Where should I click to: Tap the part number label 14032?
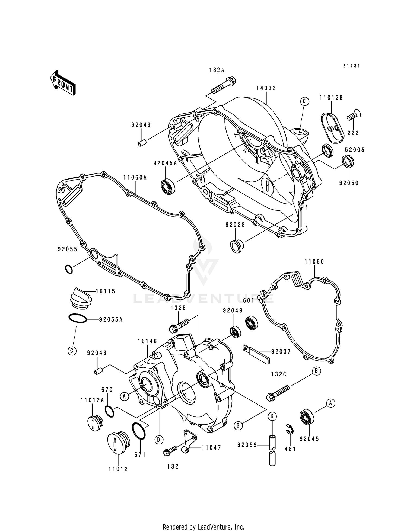(266, 88)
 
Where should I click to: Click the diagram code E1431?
(351, 66)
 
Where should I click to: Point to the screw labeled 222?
(352, 115)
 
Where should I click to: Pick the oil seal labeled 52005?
(327, 150)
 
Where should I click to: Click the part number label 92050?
(349, 183)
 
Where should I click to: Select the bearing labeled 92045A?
(168, 187)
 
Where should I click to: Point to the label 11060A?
(135, 178)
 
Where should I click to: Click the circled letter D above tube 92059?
(272, 416)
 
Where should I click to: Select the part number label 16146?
(147, 341)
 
